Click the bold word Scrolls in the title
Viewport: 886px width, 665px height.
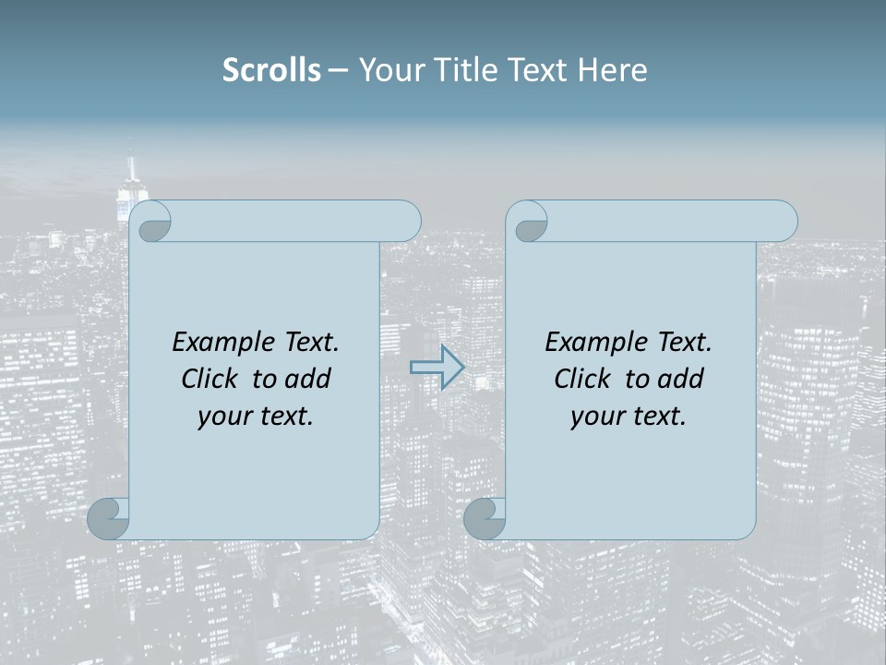272,70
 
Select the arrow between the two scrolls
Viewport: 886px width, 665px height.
437,368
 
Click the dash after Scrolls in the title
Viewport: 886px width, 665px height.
338,71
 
